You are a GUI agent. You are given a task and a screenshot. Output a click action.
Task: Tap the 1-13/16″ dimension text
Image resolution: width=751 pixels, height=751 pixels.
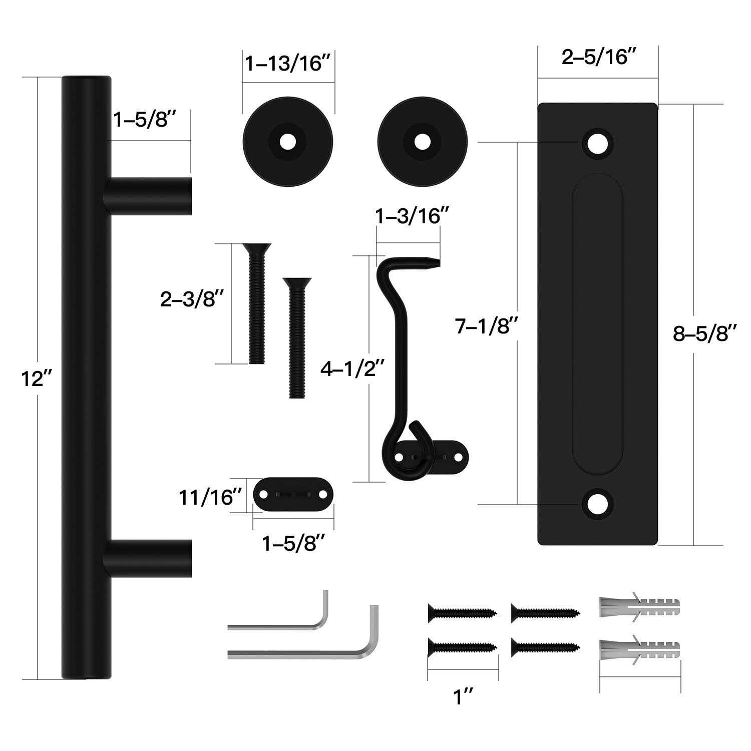288,64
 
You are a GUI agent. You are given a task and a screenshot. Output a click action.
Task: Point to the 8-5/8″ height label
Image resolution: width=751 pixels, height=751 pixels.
705,333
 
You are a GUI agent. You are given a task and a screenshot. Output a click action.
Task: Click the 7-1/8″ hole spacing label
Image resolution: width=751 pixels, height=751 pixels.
485,326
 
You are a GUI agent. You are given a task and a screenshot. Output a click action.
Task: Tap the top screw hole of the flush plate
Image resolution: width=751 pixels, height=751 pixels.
597,144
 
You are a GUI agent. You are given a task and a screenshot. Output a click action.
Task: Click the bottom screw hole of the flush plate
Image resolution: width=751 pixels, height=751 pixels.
597,504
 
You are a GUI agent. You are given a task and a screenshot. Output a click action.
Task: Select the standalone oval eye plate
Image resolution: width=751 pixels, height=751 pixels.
294,495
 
